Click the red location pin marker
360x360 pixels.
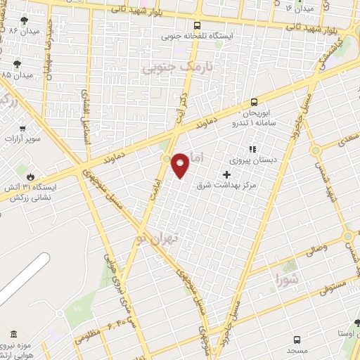pyautogui.click(x=181, y=165)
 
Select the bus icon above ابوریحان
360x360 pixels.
pyautogui.click(x=254, y=102)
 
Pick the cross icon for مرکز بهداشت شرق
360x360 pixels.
pyautogui.click(x=226, y=174)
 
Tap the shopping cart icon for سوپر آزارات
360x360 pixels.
pyautogui.click(x=22, y=129)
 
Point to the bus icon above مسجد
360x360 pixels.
pyautogui.click(x=296, y=338)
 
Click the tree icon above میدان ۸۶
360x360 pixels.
pyautogui.click(x=24, y=20)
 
